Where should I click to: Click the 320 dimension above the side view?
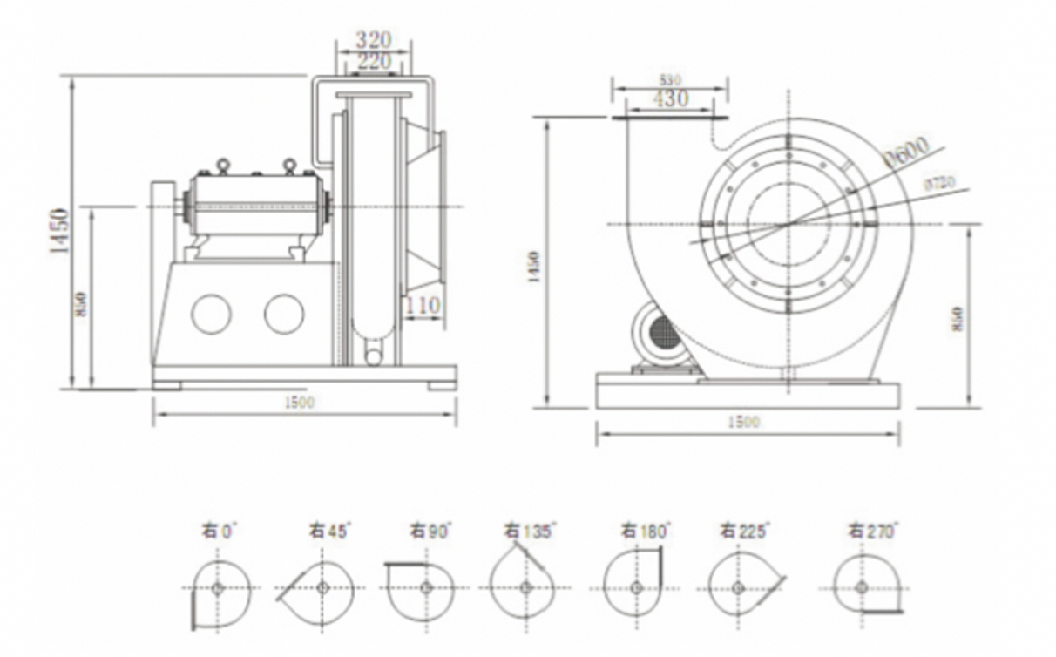click(x=373, y=39)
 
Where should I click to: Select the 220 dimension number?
click(x=373, y=61)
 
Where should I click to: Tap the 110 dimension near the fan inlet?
click(x=423, y=306)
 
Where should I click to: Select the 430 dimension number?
click(x=670, y=99)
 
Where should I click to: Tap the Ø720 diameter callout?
click(x=938, y=183)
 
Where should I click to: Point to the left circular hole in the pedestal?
click(x=211, y=314)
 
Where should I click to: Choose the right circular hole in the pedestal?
click(x=284, y=314)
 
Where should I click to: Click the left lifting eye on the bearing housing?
click(x=223, y=165)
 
